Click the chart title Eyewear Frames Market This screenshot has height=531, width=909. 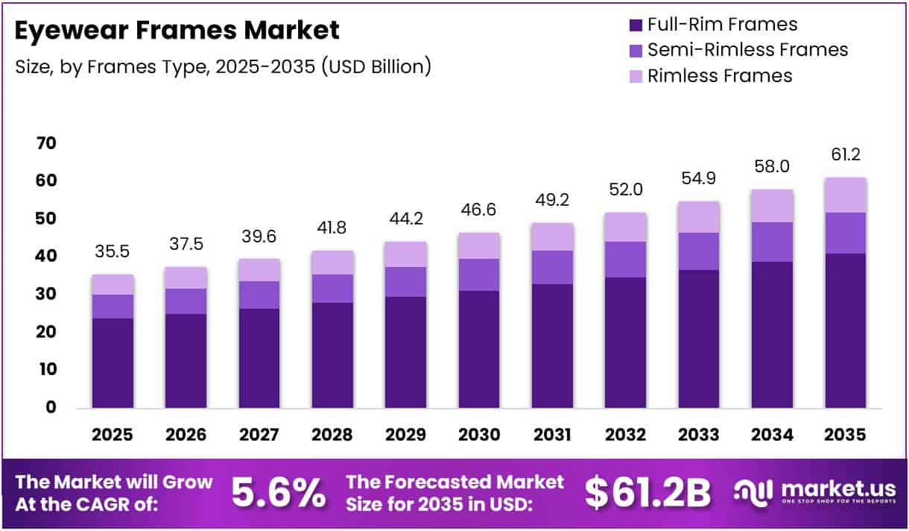pos(177,30)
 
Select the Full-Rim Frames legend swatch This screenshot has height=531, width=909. pos(636,25)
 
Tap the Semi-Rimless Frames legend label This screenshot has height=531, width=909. pos(747,50)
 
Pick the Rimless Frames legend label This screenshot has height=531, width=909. pos(720,75)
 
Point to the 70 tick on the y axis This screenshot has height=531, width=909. pos(46,143)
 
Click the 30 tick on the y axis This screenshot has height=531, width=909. pos(46,295)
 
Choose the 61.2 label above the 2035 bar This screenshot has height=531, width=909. pos(846,154)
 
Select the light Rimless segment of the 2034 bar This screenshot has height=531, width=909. pos(772,206)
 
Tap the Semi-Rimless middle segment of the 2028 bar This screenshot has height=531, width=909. pos(333,289)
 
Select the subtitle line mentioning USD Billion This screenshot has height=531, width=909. pos(224,66)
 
